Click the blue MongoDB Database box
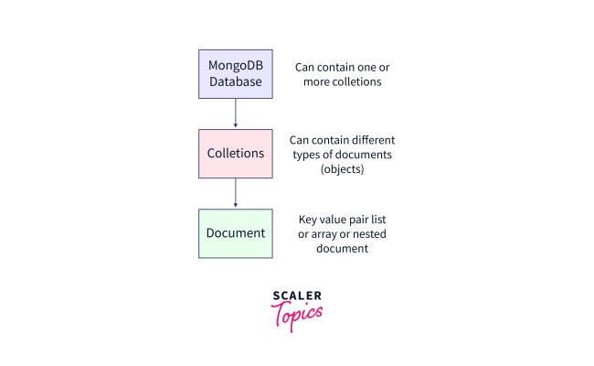click(236, 74)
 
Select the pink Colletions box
click(236, 153)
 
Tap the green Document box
click(236, 232)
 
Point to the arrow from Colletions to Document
click(236, 193)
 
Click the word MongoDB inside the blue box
click(236, 66)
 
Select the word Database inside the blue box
click(236, 82)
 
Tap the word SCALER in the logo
click(297, 296)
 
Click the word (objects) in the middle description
click(342, 169)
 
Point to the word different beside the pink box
click(369, 140)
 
